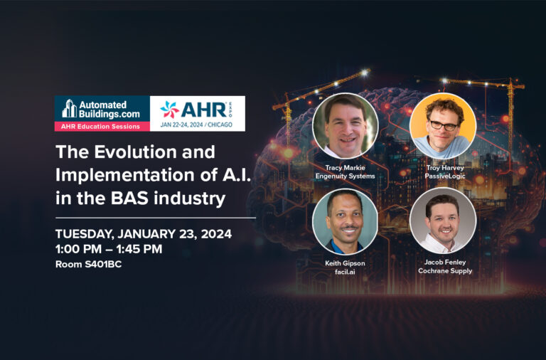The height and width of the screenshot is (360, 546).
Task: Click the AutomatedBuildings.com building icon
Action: pos(69,108)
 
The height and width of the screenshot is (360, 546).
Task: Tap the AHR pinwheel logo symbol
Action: pos(170,110)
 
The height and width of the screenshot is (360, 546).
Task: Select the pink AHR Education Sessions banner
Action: pos(102,126)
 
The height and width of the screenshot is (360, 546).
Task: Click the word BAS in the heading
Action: pos(130,198)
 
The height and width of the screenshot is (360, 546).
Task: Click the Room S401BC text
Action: pos(88,264)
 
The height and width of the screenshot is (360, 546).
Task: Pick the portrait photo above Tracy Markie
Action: pos(345,125)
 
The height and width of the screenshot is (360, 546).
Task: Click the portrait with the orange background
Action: pos(443,125)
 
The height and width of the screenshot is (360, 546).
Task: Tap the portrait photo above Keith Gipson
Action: pos(345,222)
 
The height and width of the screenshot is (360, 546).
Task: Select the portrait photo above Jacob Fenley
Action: pos(443,221)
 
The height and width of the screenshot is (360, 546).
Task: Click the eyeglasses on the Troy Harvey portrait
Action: pos(443,125)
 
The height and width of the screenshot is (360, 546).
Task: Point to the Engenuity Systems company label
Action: pos(345,176)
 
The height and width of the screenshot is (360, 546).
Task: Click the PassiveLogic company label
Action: pos(444,176)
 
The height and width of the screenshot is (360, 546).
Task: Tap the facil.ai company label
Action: pos(345,272)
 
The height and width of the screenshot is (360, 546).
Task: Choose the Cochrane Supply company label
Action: pos(445,271)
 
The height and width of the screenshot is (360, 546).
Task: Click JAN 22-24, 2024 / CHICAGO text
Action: pos(196,125)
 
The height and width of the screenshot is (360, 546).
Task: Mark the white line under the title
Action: pos(156,218)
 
